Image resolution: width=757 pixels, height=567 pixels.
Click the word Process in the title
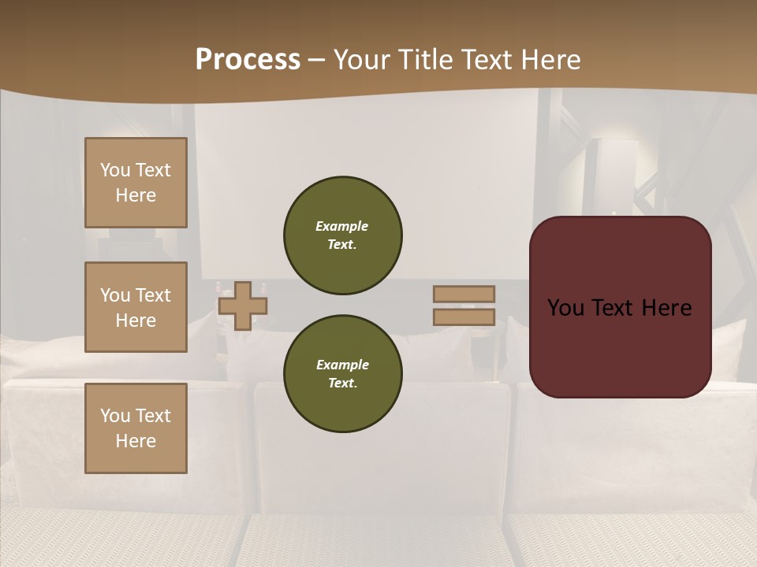(x=248, y=60)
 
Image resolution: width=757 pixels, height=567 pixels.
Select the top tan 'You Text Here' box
(x=136, y=183)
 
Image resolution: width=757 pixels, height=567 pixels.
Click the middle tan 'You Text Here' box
(x=136, y=307)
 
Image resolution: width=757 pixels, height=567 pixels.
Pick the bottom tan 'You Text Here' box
(x=136, y=428)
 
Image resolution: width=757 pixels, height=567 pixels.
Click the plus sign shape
(x=243, y=306)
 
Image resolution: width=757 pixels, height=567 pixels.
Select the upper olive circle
(x=343, y=235)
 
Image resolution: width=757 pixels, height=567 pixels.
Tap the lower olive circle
(x=343, y=374)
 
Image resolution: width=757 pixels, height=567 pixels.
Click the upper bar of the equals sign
(x=464, y=294)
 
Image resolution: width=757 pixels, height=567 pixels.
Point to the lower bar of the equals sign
(x=464, y=317)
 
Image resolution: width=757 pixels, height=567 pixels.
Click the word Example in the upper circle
(x=341, y=226)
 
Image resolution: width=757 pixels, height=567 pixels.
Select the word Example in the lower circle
(x=342, y=365)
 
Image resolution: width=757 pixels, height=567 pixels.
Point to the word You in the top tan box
(x=114, y=170)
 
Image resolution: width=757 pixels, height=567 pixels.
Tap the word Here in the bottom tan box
(x=136, y=441)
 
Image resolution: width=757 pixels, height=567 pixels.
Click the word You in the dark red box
(x=565, y=308)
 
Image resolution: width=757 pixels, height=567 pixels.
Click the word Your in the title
(x=363, y=60)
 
